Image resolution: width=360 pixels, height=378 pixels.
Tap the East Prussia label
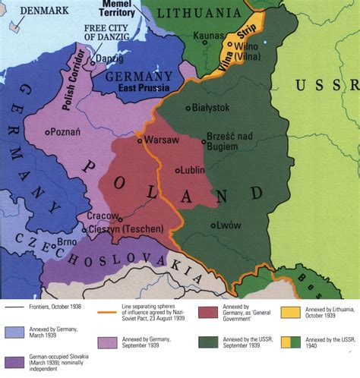pos(141,87)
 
